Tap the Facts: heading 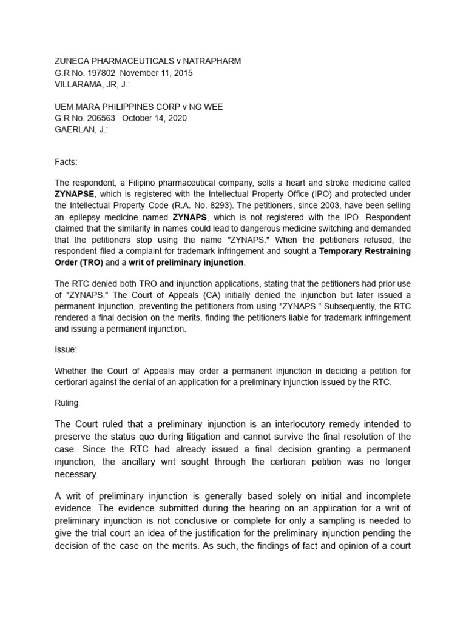pyautogui.click(x=66, y=163)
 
